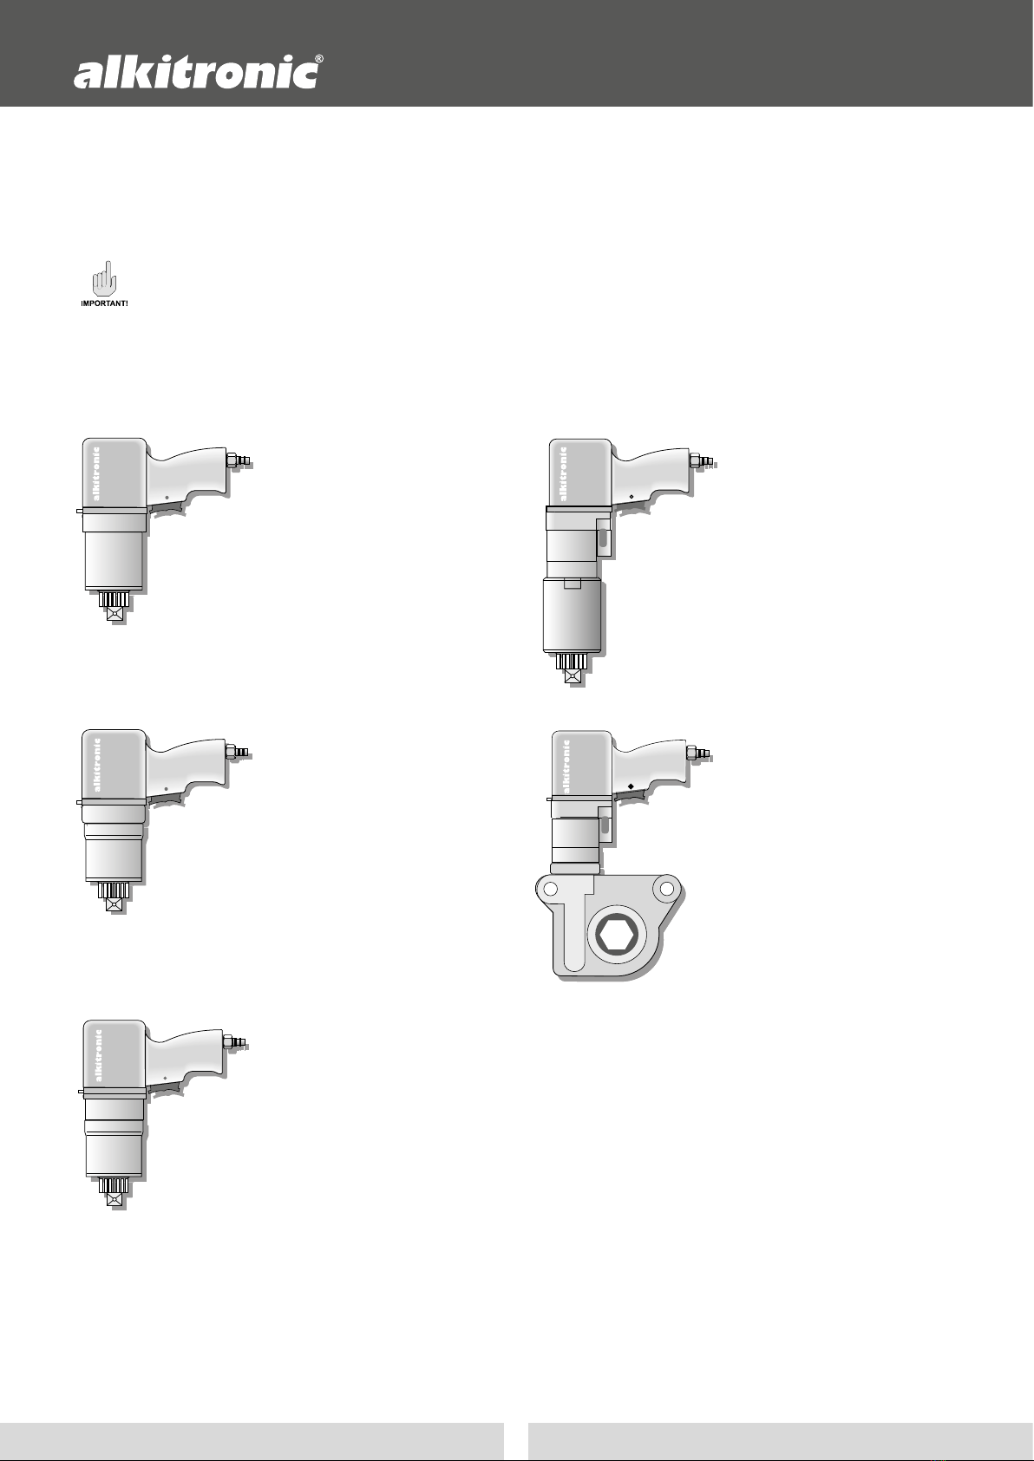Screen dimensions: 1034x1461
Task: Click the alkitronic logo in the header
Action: coord(195,74)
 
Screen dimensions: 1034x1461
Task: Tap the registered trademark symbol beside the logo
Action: coord(318,59)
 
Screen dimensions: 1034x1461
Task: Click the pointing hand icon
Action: coord(103,280)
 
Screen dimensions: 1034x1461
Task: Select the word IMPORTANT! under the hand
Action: coord(104,304)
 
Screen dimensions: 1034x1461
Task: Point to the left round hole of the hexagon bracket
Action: coord(551,889)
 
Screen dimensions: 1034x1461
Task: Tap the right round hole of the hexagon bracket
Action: coord(666,889)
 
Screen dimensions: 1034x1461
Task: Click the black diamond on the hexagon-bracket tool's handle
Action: coord(630,786)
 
